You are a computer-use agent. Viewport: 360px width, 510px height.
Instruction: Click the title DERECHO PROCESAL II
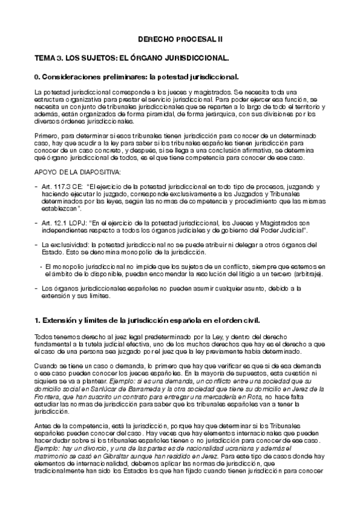tap(180, 38)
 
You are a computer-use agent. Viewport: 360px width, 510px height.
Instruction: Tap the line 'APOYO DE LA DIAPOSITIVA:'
tap(78, 172)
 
